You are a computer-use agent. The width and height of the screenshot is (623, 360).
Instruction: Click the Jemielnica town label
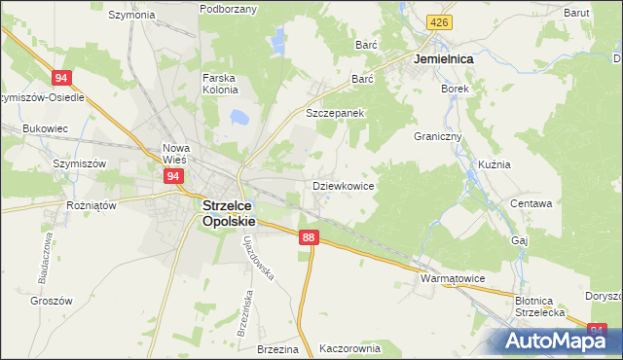tap(443, 59)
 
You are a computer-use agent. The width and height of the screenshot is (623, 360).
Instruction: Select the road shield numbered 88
tap(309, 237)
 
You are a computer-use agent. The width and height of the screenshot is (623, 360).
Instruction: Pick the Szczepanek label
tap(335, 113)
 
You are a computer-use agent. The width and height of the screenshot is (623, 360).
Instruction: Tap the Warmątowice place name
tap(452, 278)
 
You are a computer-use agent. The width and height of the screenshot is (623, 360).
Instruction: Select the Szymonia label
tap(132, 15)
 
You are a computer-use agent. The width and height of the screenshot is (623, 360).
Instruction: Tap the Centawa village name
tap(531, 204)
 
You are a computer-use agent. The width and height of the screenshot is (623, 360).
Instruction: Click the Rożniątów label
tap(91, 206)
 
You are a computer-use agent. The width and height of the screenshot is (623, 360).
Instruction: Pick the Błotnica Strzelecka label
tap(540, 306)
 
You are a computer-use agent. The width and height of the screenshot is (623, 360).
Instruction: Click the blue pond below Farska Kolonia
tap(237, 118)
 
